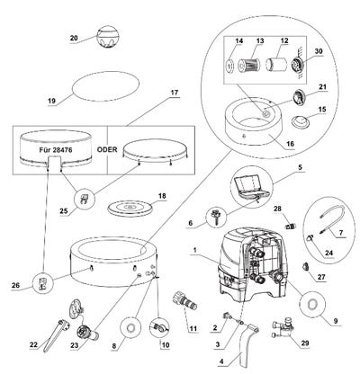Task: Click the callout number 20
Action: click(74, 38)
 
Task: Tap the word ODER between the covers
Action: click(107, 149)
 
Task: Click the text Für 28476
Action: click(56, 150)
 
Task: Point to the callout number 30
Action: click(319, 51)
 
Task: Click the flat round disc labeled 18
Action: click(130, 208)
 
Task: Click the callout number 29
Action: click(305, 343)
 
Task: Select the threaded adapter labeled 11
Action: click(184, 302)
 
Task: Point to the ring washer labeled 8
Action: click(130, 328)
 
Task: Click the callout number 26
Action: click(15, 285)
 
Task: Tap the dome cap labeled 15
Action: click(301, 121)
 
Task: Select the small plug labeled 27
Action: click(306, 266)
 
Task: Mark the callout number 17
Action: click(174, 93)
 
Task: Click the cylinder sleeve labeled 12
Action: click(274, 64)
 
